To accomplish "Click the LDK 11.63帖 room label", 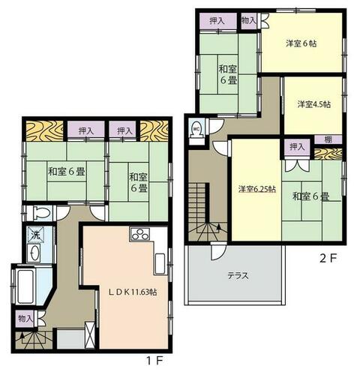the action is pyautogui.click(x=133, y=292).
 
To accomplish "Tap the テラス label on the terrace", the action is pyautogui.click(x=238, y=276).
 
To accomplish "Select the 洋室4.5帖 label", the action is pyautogui.click(x=314, y=104).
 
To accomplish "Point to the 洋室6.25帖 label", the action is pyautogui.click(x=257, y=189).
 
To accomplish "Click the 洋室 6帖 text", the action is pyautogui.click(x=301, y=43).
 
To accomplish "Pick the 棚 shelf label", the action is pyautogui.click(x=328, y=139).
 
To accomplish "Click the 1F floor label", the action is pyautogui.click(x=154, y=361).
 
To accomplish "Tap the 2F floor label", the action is pyautogui.click(x=327, y=259).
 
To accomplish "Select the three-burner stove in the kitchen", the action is pyautogui.click(x=139, y=235).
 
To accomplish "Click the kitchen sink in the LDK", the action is pyautogui.click(x=160, y=264).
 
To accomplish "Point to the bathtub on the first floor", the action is pyautogui.click(x=25, y=286).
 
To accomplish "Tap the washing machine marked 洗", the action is pyautogui.click(x=35, y=235).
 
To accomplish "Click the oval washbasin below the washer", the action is pyautogui.click(x=34, y=253).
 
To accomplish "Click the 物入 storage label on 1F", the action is pyautogui.click(x=25, y=319).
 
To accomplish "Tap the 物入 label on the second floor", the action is pyautogui.click(x=249, y=20).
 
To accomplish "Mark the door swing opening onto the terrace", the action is pyautogui.click(x=218, y=251).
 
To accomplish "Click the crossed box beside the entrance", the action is pyautogui.click(x=90, y=335).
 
